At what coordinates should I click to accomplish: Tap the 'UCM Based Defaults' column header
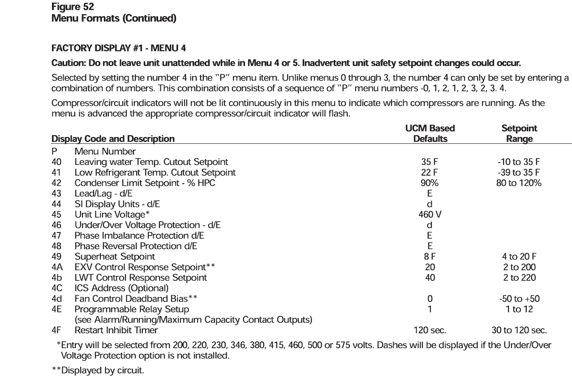click(x=430, y=134)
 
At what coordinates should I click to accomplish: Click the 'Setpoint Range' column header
click(x=520, y=134)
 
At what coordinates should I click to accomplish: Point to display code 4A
click(x=57, y=267)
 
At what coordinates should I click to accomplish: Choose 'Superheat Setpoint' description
click(x=115, y=257)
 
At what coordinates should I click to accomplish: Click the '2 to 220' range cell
click(x=519, y=278)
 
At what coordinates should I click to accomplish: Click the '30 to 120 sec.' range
click(x=519, y=331)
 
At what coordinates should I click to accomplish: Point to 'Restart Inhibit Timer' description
click(x=116, y=331)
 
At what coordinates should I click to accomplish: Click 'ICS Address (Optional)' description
click(x=121, y=288)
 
